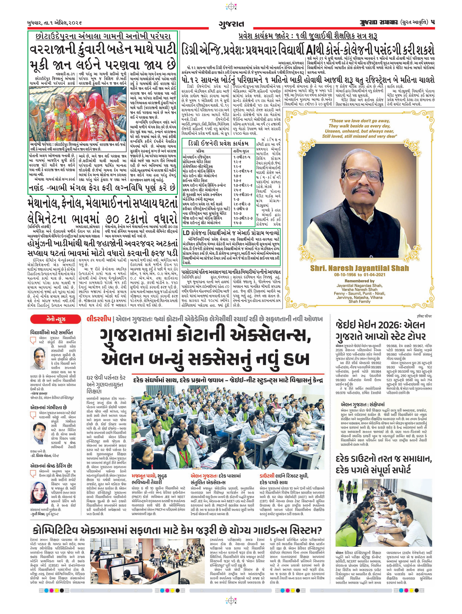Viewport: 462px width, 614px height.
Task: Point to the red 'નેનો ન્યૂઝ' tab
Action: [x=48, y=319]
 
